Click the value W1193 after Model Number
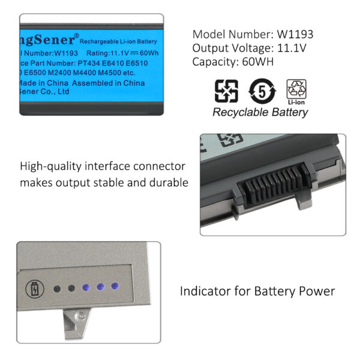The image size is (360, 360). [x=295, y=34]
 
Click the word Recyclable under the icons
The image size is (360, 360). [x=241, y=112]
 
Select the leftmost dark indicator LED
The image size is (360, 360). [x=57, y=288]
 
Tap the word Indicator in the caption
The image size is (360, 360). [x=203, y=292]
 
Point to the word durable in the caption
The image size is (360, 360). [x=169, y=182]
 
